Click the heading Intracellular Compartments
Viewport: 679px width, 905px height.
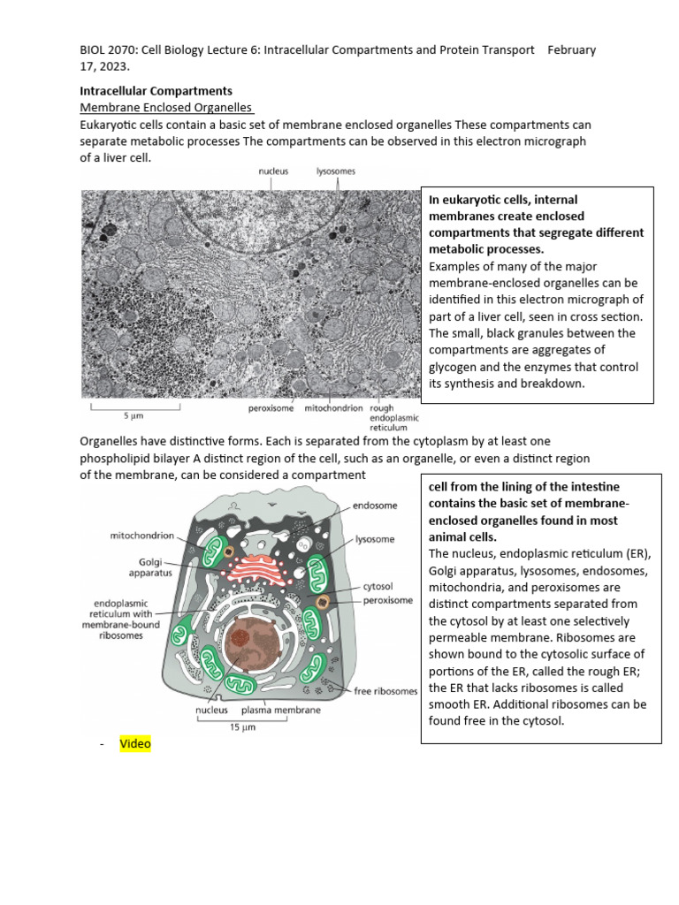156,91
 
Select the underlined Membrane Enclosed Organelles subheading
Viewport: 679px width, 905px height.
166,108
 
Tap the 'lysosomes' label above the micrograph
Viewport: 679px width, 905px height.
336,171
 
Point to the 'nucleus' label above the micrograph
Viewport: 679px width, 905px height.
273,171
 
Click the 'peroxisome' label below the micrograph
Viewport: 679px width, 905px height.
271,409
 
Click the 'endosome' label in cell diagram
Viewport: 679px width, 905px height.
375,506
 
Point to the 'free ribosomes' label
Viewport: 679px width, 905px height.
385,691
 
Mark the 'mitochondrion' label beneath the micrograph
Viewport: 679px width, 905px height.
333,409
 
